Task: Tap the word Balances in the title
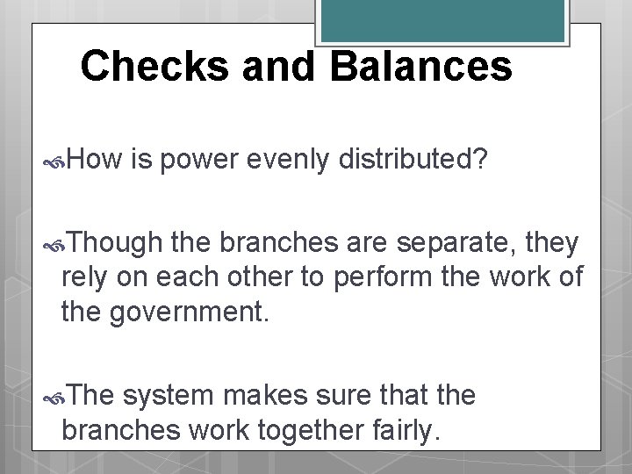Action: click(421, 67)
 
